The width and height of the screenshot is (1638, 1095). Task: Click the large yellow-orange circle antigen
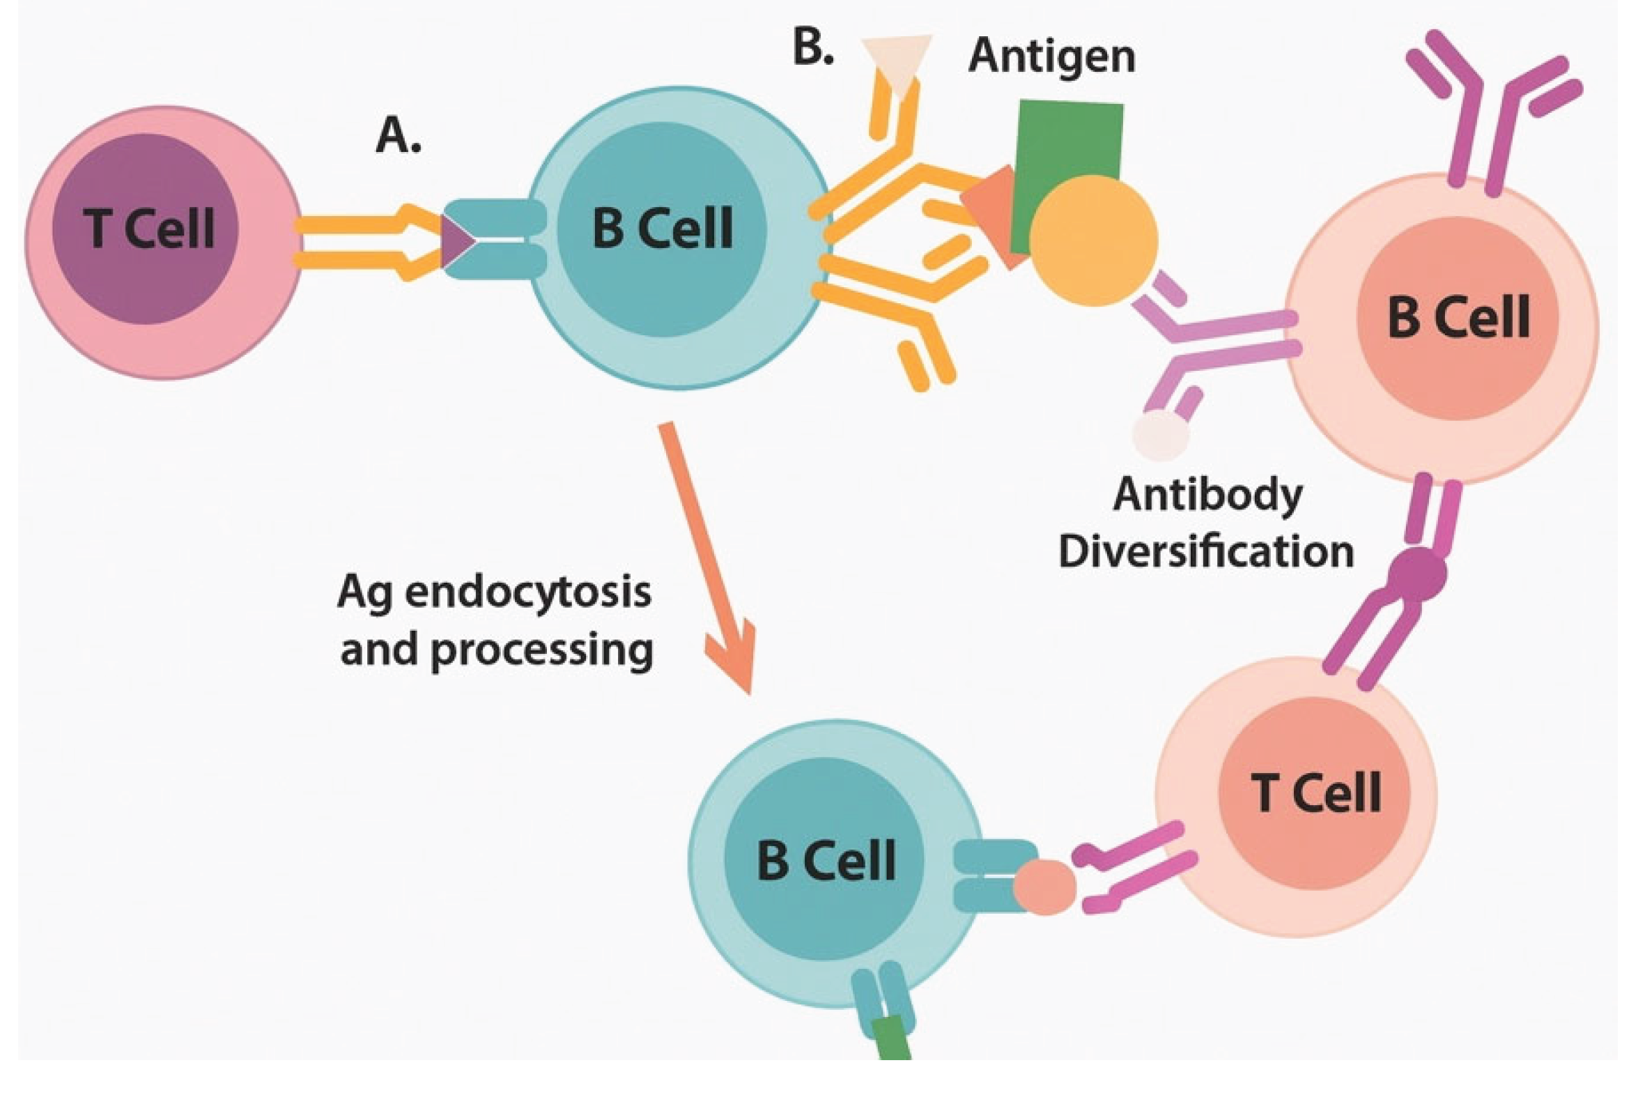[1093, 241]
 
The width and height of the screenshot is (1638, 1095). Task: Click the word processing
[542, 650]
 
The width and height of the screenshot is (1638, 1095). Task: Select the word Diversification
[1206, 553]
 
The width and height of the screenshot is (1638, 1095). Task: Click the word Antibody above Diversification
[1207, 496]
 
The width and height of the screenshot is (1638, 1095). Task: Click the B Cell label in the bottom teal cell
[826, 861]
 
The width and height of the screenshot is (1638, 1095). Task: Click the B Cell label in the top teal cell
[663, 229]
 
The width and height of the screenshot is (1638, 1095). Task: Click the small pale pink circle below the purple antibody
[1161, 435]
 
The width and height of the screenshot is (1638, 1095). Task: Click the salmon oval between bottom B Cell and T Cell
[1044, 887]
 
